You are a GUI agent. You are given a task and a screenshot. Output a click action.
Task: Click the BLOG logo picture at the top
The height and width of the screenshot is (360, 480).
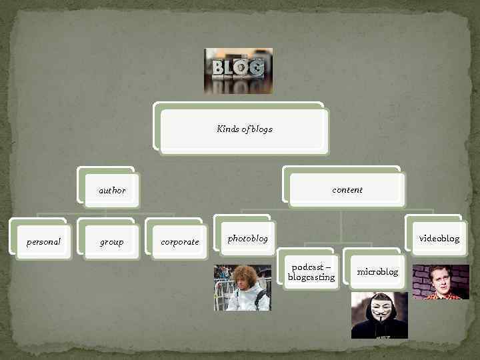coord(238,71)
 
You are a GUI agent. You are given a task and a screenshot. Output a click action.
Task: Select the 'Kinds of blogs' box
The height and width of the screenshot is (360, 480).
coord(244,129)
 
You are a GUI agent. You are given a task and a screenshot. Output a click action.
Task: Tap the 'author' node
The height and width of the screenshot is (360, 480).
coord(112,190)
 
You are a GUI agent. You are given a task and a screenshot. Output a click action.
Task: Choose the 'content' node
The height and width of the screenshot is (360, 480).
coord(347,190)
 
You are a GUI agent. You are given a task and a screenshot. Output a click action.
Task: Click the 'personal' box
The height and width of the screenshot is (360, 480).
coord(43,241)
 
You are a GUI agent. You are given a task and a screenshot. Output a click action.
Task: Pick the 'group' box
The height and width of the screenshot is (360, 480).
coord(111,241)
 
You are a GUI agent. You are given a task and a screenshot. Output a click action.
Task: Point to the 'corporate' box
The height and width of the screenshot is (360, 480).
coord(179,241)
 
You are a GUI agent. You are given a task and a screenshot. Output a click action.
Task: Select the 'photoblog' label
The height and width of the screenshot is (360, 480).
coord(247,238)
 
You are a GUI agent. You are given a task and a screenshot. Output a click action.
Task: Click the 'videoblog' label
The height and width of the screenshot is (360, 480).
coord(439,238)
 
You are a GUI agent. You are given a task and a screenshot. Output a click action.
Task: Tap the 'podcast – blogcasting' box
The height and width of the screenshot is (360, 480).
coord(311,272)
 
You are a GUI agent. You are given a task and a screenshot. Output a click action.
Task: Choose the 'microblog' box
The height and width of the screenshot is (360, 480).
coord(377,271)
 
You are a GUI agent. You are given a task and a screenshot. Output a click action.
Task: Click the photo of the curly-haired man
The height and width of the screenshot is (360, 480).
coord(242,287)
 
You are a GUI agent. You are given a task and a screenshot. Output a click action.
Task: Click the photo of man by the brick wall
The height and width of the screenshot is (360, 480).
coord(441,282)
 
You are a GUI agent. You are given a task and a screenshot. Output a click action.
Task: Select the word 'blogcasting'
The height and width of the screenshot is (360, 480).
coord(311,277)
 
